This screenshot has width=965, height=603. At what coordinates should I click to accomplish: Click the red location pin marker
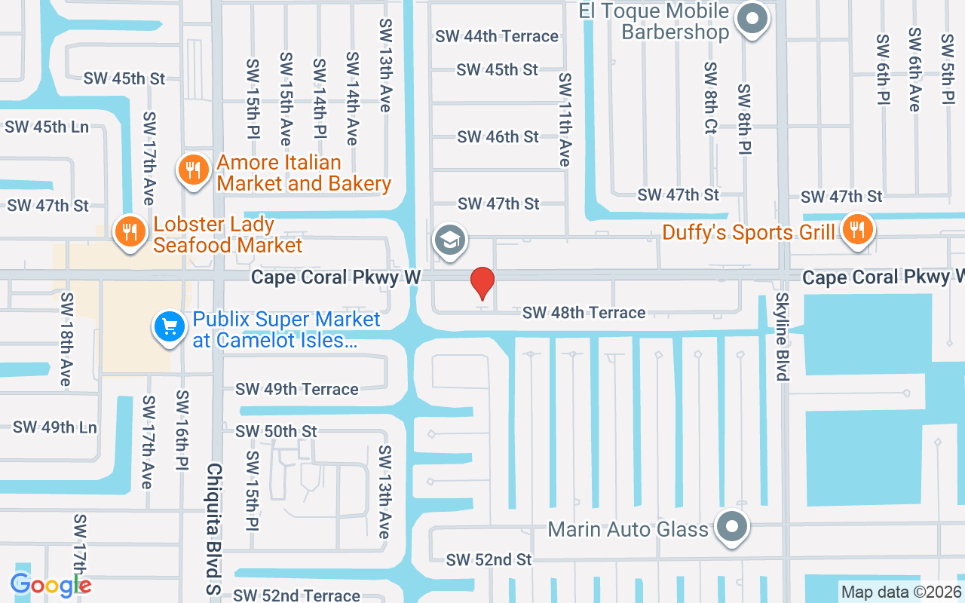click(482, 283)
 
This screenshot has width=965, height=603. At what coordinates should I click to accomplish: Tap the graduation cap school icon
click(450, 241)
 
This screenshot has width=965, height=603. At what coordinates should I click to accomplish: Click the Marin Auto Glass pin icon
click(732, 527)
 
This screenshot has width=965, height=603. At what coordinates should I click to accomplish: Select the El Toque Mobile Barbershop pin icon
click(751, 18)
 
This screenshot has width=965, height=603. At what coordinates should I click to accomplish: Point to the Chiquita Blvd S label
click(214, 531)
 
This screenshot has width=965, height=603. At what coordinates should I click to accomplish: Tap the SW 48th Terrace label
click(584, 312)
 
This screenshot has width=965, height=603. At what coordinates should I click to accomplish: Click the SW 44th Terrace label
click(497, 36)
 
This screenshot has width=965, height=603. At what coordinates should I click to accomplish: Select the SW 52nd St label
click(489, 559)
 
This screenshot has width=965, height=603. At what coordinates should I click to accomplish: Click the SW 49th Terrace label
click(296, 389)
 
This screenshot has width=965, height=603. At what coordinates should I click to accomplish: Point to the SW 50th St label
click(276, 431)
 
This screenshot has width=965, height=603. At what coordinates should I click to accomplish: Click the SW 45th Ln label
click(47, 127)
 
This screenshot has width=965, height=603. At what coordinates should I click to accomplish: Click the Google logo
click(51, 584)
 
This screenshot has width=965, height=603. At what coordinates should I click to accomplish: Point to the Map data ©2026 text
click(901, 592)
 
